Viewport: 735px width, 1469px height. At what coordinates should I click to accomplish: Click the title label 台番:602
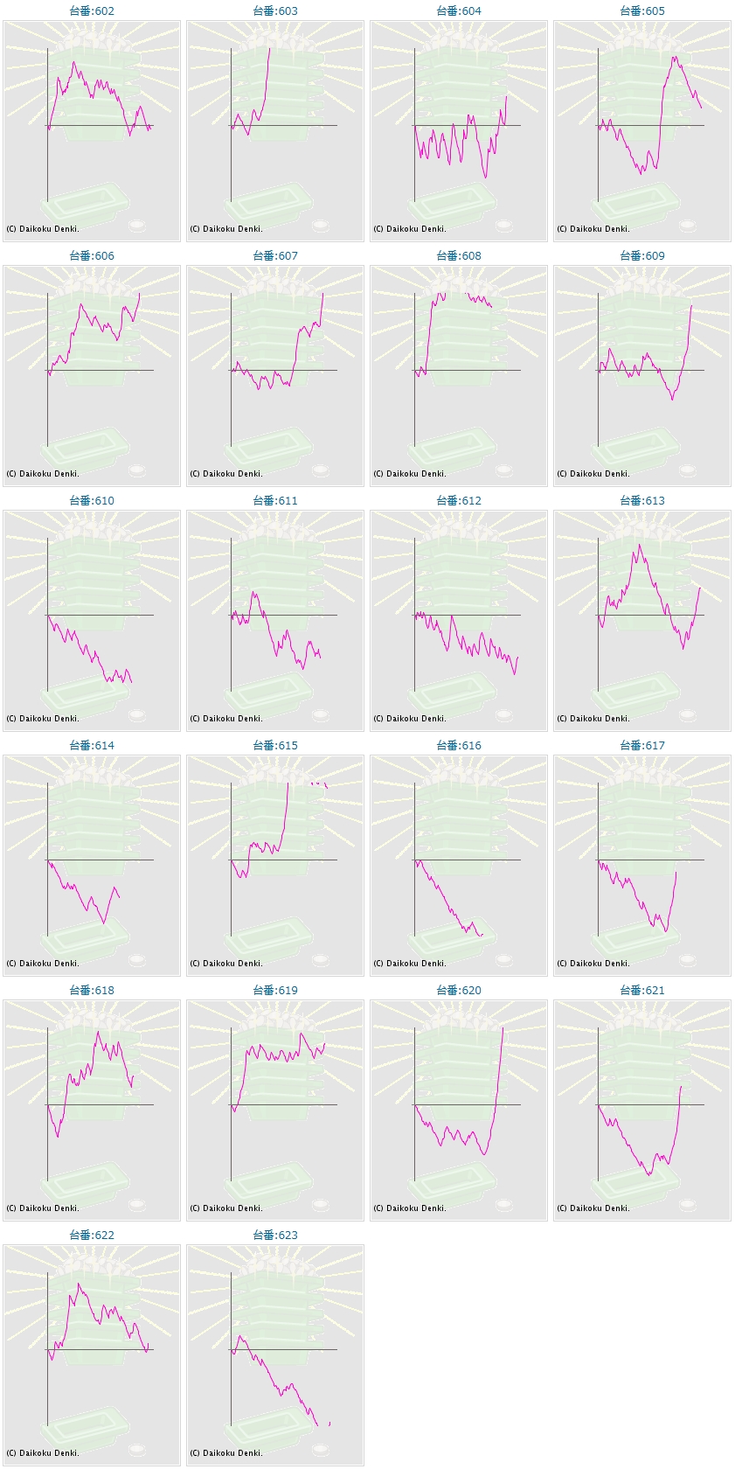tap(92, 11)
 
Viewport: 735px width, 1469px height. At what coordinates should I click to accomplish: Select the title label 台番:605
tap(642, 11)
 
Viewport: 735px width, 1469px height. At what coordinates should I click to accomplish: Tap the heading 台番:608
tap(459, 256)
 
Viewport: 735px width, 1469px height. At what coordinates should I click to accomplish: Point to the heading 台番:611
tap(275, 501)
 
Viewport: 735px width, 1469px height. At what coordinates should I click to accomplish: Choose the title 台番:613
tap(642, 501)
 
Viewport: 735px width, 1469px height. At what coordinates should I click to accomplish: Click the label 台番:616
tap(459, 746)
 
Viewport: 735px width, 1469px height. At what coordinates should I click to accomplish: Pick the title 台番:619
tap(275, 991)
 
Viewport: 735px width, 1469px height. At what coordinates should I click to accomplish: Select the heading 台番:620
tap(459, 991)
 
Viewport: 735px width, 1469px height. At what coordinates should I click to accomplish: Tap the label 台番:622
tap(92, 1236)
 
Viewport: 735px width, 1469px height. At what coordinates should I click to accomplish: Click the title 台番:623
tap(275, 1236)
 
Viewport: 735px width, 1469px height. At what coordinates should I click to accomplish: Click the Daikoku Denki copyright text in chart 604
tap(410, 229)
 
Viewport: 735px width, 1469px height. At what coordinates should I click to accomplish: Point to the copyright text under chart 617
tap(593, 964)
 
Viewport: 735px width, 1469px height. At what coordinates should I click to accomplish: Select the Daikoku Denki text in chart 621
tap(593, 1208)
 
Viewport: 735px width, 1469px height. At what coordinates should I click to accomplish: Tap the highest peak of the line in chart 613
tap(640, 545)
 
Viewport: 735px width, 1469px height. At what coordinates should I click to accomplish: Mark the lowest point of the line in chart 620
tap(485, 1154)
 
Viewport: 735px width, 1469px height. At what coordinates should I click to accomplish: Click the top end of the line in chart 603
tap(269, 48)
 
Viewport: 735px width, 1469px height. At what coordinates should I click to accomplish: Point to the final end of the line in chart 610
tap(131, 682)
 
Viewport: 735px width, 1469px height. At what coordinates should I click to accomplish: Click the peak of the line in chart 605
tap(674, 58)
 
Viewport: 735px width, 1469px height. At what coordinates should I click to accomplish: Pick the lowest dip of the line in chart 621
tap(648, 1175)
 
